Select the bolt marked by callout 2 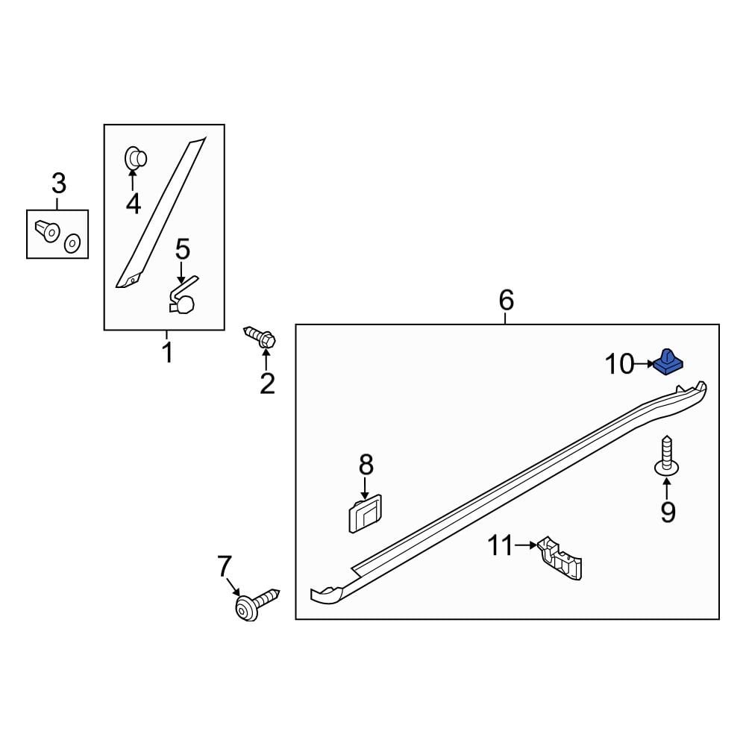click(x=260, y=337)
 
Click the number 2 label click(x=267, y=383)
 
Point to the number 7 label click(x=225, y=566)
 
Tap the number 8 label click(x=366, y=466)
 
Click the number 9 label click(x=667, y=512)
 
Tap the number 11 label click(x=501, y=546)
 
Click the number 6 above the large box click(x=506, y=301)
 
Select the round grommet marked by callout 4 click(x=134, y=158)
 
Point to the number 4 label click(x=133, y=203)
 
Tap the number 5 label click(x=183, y=250)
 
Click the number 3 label click(x=58, y=183)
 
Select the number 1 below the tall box click(x=167, y=352)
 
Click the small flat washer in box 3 click(x=72, y=243)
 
